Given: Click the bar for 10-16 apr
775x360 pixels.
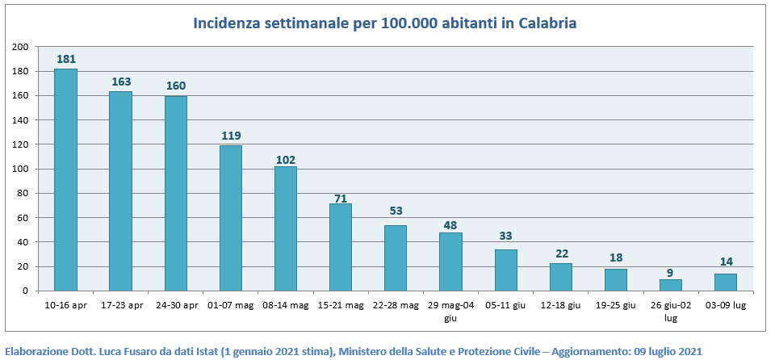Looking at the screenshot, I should tap(65, 179).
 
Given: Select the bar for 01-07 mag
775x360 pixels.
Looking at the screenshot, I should tap(231, 218).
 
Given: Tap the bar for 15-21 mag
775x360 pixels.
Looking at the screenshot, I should tap(341, 247).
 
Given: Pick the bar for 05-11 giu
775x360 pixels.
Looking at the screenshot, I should tap(506, 270).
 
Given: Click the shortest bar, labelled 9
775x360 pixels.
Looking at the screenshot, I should tap(671, 285).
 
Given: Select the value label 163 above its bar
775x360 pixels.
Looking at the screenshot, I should tap(121, 82).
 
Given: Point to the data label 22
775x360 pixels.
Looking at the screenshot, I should tap(561, 253).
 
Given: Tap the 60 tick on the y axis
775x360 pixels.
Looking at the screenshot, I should tap(23, 218).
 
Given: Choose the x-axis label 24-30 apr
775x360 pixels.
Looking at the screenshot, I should tap(176, 304).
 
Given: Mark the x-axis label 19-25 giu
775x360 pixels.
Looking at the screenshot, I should tap(616, 304).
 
